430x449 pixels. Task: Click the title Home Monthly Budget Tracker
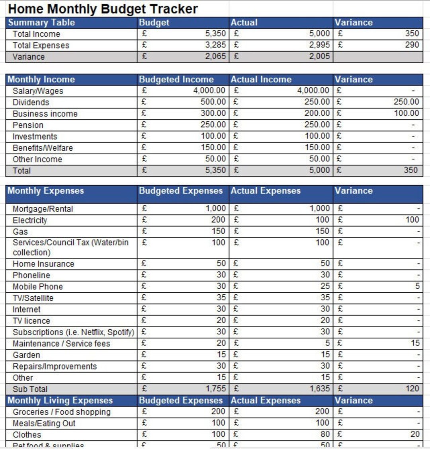pos(103,9)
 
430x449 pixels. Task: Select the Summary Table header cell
pos(41,23)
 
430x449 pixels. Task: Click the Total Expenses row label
pos(41,45)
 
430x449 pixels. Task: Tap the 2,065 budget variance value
pos(215,56)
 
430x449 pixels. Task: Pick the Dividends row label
pos(31,102)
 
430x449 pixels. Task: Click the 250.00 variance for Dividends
pos(406,102)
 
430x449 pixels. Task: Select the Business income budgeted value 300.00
pos(213,113)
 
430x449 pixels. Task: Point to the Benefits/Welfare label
pos(43,148)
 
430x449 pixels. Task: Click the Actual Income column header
pos(261,80)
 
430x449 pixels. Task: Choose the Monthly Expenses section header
pos(46,191)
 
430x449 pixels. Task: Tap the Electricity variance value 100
pos(412,220)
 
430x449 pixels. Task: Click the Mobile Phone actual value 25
pos(325,286)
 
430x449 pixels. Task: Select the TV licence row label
pos(31,321)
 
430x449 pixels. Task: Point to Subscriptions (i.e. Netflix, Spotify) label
pos(73,332)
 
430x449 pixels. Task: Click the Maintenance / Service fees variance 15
pos(415,343)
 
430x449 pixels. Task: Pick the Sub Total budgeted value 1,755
pos(215,389)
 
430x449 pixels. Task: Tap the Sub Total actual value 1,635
pos(319,389)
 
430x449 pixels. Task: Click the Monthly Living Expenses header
pos(60,400)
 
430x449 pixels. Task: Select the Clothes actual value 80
pos(325,435)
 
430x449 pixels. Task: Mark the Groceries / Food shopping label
pos(61,412)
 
